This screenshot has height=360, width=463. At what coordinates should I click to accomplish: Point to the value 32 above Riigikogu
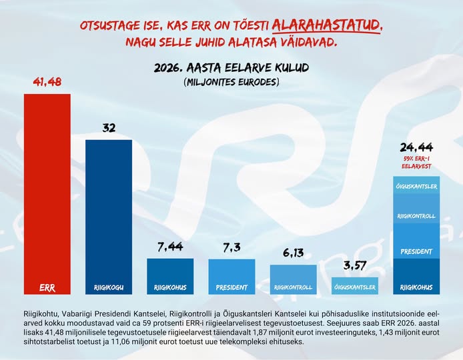[x=109, y=128]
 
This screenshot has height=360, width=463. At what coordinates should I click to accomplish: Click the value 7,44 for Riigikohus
[x=170, y=247]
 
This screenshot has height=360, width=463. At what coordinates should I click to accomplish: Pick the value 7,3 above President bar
[x=232, y=248]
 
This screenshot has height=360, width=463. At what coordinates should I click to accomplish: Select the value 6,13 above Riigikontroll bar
[x=293, y=253]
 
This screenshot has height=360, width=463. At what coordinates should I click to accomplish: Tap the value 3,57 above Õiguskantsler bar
[x=354, y=265]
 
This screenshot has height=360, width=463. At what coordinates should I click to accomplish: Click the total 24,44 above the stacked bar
[x=416, y=147]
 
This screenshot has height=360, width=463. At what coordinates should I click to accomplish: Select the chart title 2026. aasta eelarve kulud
[x=231, y=69]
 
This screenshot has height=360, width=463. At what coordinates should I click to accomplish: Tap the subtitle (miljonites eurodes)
[x=231, y=82]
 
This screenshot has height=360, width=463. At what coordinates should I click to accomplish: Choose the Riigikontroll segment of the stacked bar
[x=416, y=217]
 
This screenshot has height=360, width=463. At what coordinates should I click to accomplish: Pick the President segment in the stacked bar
[x=416, y=251]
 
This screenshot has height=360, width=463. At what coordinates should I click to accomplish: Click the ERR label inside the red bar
[x=47, y=288]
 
